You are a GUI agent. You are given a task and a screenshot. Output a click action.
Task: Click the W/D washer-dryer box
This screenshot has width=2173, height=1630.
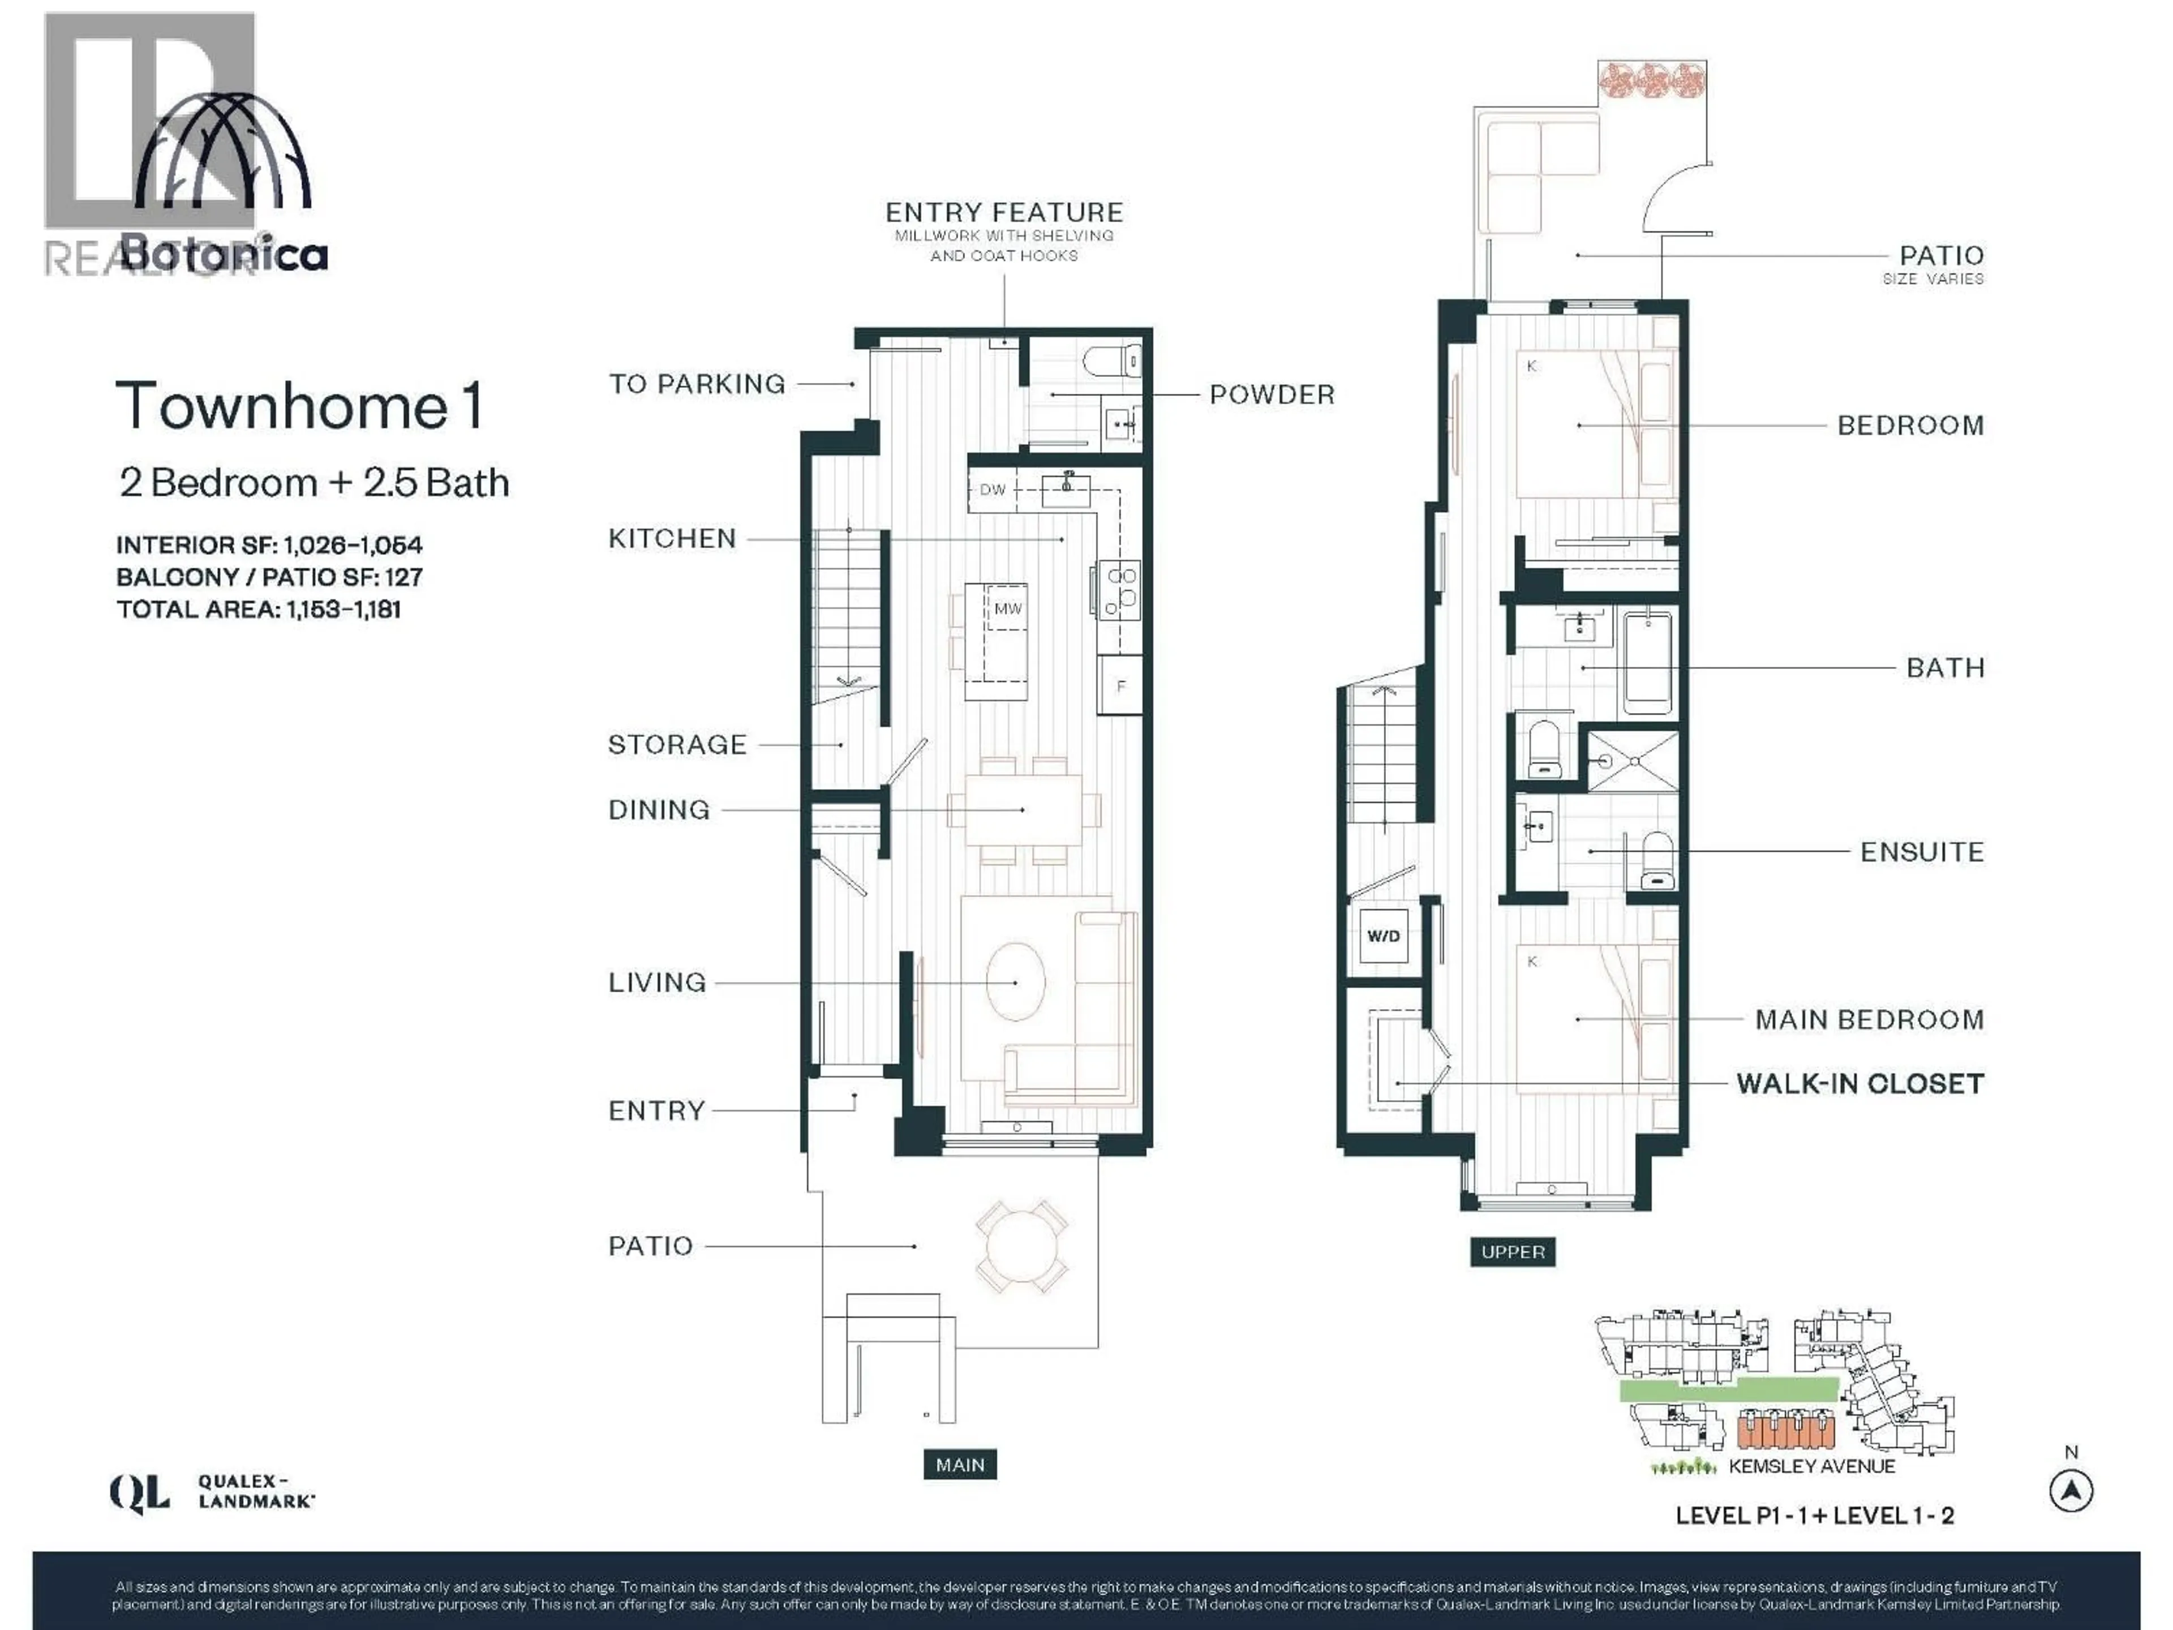pos(1383,936)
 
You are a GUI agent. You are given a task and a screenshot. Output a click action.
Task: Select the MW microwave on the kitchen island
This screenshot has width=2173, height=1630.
pos(1007,609)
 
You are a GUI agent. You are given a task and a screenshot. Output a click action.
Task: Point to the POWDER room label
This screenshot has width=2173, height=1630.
pos(1271,395)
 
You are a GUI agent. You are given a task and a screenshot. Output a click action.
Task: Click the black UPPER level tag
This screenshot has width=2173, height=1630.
pos(1512,1252)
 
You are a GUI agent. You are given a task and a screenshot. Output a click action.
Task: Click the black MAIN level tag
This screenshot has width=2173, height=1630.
pos(960,1465)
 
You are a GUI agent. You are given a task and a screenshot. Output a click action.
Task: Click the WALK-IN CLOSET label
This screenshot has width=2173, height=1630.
pos(1859,1084)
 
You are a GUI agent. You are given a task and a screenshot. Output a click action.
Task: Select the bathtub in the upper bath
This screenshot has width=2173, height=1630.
pos(1647,663)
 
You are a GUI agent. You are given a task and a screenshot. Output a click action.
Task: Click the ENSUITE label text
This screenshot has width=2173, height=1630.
pos(1922,852)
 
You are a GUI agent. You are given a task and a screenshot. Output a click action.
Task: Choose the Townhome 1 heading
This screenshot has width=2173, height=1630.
pos(299,406)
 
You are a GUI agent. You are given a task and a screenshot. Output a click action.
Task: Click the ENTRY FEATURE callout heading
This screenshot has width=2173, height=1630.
pos(1004,212)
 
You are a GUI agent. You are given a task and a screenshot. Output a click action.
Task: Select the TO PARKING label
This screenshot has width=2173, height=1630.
pos(697,384)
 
